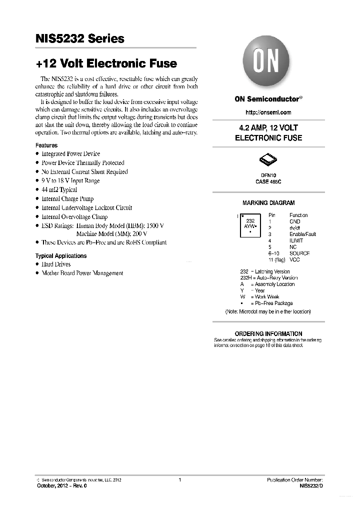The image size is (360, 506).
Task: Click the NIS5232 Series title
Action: (80, 39)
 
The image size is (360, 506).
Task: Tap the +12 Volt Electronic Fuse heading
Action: (106, 63)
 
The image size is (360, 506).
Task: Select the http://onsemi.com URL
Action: (268, 112)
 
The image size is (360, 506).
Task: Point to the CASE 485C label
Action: (268, 182)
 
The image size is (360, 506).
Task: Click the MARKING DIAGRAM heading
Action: (268, 203)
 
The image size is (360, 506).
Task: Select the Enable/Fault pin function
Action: (302, 234)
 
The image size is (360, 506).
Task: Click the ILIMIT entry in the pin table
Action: (297, 240)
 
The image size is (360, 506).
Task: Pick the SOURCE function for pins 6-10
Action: (299, 253)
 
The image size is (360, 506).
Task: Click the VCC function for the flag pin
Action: (294, 260)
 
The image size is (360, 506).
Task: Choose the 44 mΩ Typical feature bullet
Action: (59, 190)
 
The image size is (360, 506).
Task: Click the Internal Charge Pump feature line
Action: (67, 199)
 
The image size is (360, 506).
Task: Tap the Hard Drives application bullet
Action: (55, 264)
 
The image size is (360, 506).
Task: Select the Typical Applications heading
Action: (60, 256)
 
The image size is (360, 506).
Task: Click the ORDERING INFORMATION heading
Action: (268, 333)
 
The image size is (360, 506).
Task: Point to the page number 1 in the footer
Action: (179, 480)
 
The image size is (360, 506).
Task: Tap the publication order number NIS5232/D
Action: (311, 485)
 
